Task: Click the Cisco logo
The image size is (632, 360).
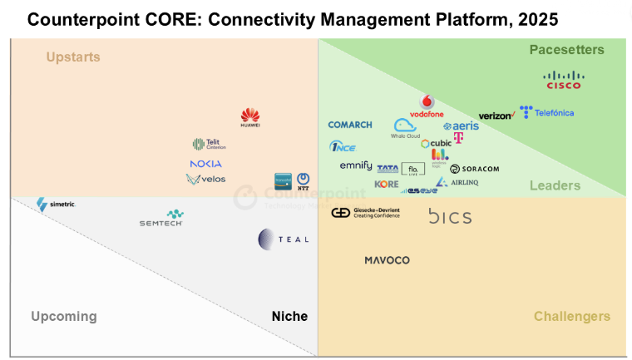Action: pos(564,80)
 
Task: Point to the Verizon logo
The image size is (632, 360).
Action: pos(496,116)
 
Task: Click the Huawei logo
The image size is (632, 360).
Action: pos(250,118)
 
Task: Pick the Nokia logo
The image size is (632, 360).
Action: pos(205,164)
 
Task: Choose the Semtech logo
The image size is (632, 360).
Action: pos(161,219)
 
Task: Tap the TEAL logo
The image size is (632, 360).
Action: pos(283,239)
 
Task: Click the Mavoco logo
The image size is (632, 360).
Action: pos(387,260)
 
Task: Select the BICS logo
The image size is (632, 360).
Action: pos(450,217)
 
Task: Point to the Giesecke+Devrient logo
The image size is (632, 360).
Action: pos(366,213)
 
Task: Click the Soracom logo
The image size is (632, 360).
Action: pos(475,169)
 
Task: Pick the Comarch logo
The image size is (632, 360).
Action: pos(350,125)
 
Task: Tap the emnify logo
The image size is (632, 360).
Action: pos(356,166)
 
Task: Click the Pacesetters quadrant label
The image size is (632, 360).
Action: pos(566,50)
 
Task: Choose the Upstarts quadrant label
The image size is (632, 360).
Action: pos(73,57)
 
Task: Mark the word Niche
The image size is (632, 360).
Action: pos(289,316)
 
